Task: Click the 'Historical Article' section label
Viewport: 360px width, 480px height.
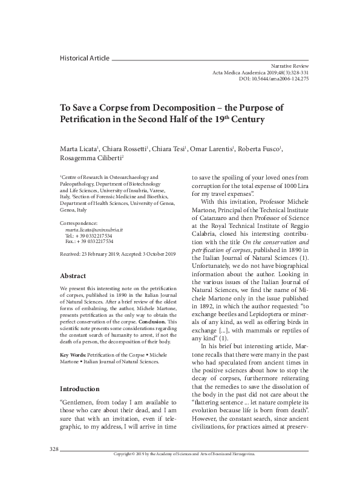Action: click(x=85, y=58)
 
